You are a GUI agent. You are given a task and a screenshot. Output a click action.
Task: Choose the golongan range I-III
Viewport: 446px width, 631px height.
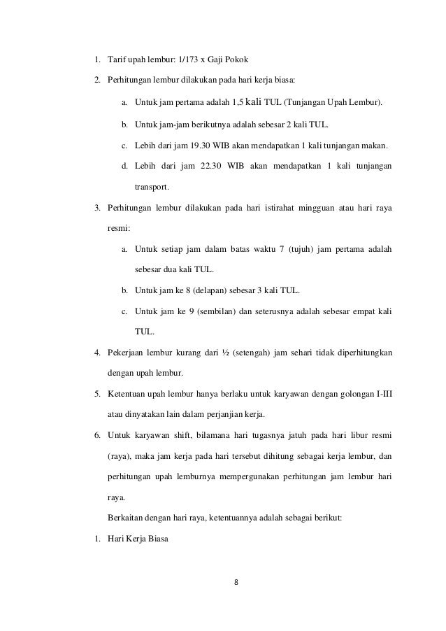click(382, 394)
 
